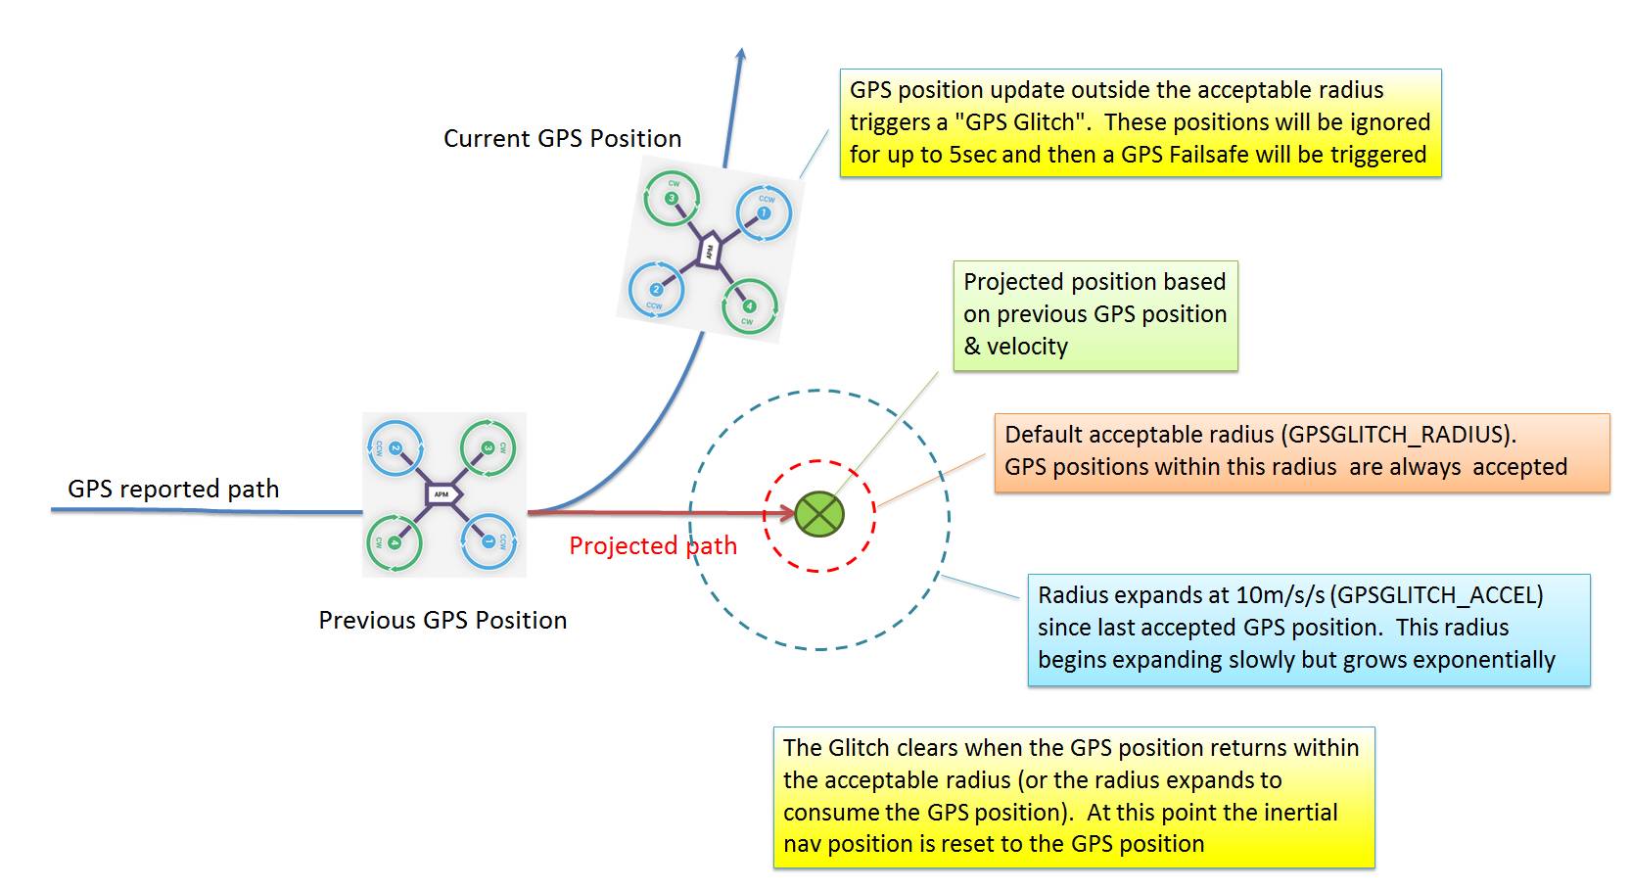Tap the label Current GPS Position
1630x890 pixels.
coord(562,139)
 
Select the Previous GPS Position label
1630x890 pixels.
coord(442,621)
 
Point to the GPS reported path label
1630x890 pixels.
coord(173,489)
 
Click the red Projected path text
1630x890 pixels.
coord(652,546)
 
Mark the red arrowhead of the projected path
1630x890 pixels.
coord(784,512)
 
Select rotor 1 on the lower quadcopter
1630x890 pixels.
coord(488,540)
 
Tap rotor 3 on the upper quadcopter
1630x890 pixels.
coord(672,199)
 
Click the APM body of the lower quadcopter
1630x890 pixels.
coord(442,494)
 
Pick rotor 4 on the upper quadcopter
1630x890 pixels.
coord(749,306)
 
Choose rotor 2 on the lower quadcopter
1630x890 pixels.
coord(395,448)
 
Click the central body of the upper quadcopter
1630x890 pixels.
coord(709,251)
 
